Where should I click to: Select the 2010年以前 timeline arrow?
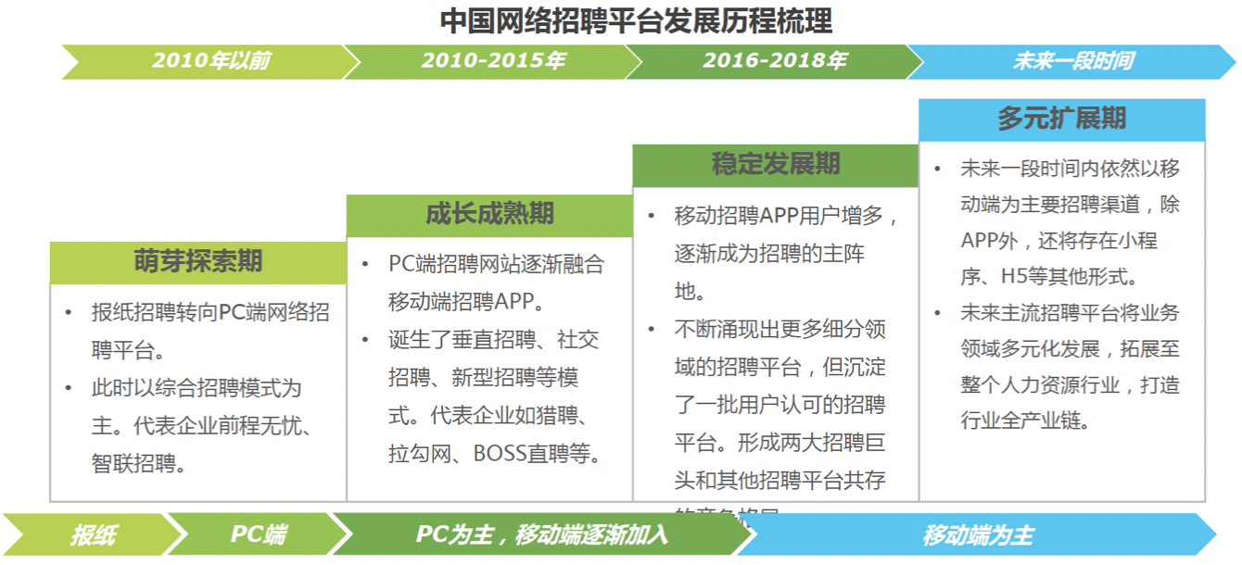[211, 61]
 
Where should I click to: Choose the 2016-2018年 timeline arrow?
[775, 61]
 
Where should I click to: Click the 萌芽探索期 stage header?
[198, 262]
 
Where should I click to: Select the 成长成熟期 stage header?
[489, 215]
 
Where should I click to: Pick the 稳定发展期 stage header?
[776, 165]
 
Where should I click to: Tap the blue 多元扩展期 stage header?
[1062, 119]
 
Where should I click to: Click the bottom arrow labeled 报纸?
[93, 534]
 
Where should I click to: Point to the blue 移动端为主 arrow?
[978, 534]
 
